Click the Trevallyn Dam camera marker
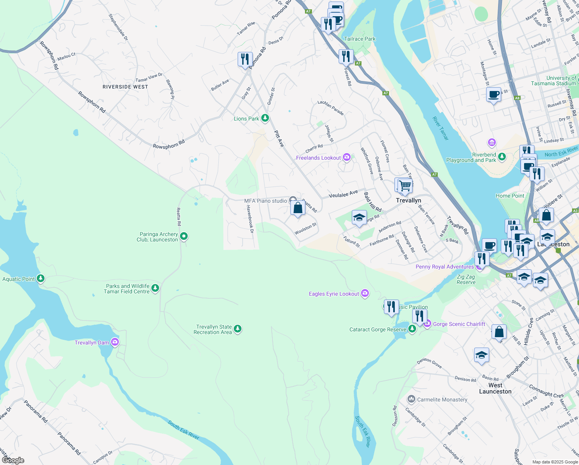(x=115, y=342)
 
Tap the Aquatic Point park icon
(x=40, y=279)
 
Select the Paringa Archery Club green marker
(x=184, y=236)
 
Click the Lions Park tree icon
(x=265, y=118)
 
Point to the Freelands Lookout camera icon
(x=347, y=157)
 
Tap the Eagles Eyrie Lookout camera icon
(x=365, y=293)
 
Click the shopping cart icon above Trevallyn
(x=405, y=186)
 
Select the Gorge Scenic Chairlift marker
(x=427, y=324)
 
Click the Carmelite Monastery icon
(x=411, y=399)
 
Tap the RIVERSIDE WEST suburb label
(x=125, y=87)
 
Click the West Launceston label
(x=495, y=388)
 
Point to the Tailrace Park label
(x=360, y=39)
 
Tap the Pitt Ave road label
(x=279, y=139)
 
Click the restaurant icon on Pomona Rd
(x=245, y=59)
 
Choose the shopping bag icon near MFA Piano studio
(x=298, y=208)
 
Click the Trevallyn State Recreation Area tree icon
(x=238, y=329)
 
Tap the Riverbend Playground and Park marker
(x=502, y=157)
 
